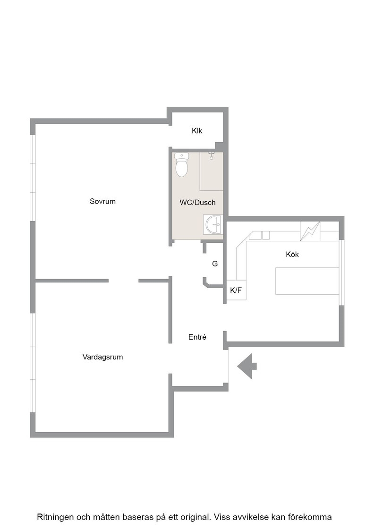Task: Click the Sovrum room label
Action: pyautogui.click(x=102, y=201)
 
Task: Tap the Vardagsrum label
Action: pyautogui.click(x=102, y=357)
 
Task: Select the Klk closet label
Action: pyautogui.click(x=197, y=130)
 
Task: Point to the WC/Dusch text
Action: pyautogui.click(x=197, y=203)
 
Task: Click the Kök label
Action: pyautogui.click(x=292, y=255)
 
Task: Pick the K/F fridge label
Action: pyautogui.click(x=236, y=290)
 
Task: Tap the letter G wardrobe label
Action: pyautogui.click(x=215, y=264)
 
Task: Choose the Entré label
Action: pyautogui.click(x=197, y=337)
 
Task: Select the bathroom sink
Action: pyautogui.click(x=213, y=224)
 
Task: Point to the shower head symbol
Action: pyautogui.click(x=212, y=156)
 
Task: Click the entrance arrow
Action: pyautogui.click(x=247, y=367)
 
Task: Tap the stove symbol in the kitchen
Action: pyautogui.click(x=310, y=231)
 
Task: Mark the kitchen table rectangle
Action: pyautogui.click(x=307, y=281)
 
